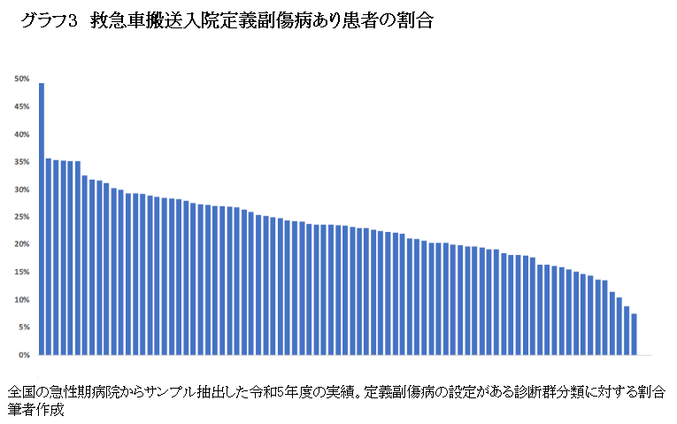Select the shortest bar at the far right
point(634,335)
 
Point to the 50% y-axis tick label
point(23,80)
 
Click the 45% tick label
point(23,107)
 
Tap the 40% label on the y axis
point(23,135)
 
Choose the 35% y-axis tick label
point(23,162)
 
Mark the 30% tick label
point(23,189)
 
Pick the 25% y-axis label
point(23,217)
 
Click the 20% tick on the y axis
point(23,244)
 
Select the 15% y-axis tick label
point(23,272)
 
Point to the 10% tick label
point(23,300)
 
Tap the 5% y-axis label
point(25,328)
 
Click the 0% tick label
point(25,355)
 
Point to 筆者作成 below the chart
point(36,410)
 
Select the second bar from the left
point(49,257)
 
